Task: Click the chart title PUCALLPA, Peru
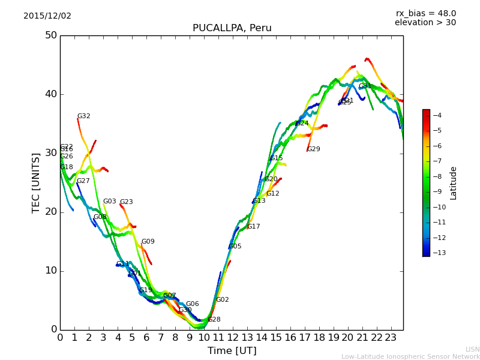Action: [x=232, y=28]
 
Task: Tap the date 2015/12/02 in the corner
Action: [x=47, y=16]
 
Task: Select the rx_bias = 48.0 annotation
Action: [x=425, y=14]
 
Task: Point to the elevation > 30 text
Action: [x=425, y=23]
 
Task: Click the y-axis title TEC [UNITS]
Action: [x=36, y=182]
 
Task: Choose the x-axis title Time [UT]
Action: [x=232, y=351]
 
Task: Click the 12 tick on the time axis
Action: [x=233, y=338]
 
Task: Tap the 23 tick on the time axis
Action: [x=391, y=338]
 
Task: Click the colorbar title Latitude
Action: [x=454, y=183]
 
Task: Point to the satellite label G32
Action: [x=84, y=116]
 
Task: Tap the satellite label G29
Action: [x=314, y=149]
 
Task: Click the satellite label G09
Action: [x=148, y=242]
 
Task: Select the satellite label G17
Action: [x=254, y=227]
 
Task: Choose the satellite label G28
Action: [x=214, y=320]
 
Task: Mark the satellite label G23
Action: [x=127, y=202]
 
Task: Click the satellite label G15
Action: [x=277, y=158]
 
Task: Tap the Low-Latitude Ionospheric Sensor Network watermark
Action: [x=410, y=356]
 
